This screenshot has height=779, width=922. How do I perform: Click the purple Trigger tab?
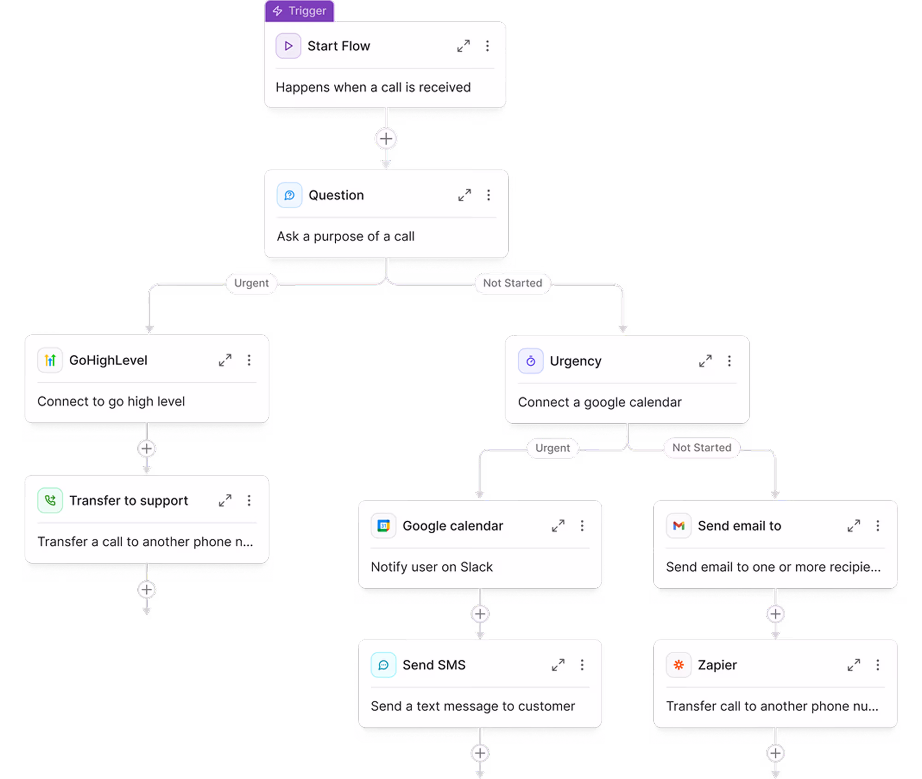[x=300, y=11]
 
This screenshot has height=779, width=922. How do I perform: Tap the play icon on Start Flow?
[x=288, y=46]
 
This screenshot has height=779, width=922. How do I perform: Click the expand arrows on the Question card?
[x=464, y=195]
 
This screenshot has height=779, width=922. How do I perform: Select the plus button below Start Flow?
[x=386, y=139]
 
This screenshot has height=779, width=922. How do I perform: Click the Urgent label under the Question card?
[x=251, y=283]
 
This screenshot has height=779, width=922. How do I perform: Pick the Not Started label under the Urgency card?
[x=701, y=448]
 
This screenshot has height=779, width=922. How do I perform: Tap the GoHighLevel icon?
[x=50, y=360]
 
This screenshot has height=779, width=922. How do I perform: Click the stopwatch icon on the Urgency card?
[x=530, y=361]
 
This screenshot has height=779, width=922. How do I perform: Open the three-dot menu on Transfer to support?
[x=249, y=500]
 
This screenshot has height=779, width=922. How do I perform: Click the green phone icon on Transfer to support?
[x=50, y=500]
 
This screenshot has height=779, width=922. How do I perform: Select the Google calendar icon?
[x=383, y=526]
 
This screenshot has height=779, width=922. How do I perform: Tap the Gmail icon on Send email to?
[x=678, y=526]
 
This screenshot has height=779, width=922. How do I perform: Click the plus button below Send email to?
[x=775, y=614]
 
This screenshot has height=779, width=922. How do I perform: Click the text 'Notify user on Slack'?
[x=431, y=567]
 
